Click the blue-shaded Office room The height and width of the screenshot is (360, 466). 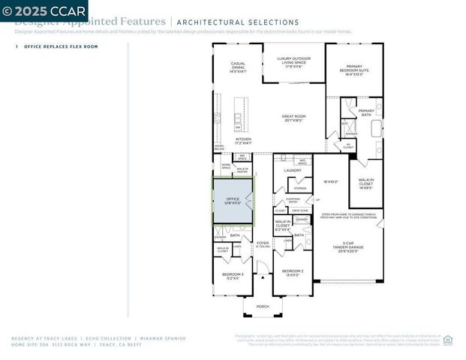point(233,201)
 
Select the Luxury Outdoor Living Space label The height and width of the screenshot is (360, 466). point(293,61)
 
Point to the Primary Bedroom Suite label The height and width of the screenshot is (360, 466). point(354,70)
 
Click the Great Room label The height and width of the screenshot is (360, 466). point(293,118)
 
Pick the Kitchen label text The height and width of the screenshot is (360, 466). point(244,140)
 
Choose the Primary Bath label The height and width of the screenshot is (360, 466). point(365,112)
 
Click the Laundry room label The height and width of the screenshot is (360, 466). point(293,170)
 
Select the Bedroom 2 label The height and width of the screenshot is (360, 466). point(292,272)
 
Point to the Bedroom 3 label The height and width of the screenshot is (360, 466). point(232,276)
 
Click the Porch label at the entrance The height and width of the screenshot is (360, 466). point(263,306)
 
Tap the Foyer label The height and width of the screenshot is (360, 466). point(263,243)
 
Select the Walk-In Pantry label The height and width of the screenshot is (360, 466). point(243,169)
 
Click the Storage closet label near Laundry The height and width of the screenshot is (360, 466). point(300,188)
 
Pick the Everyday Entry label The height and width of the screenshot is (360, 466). point(293,199)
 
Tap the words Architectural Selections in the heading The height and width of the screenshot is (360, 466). point(238,22)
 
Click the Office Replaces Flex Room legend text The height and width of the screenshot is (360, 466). point(61,46)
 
